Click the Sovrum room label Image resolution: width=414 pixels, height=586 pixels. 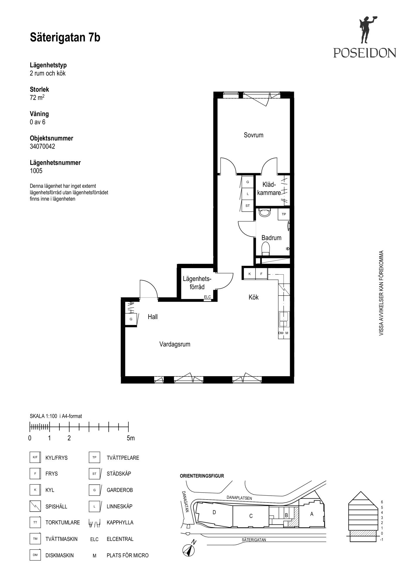[253, 135]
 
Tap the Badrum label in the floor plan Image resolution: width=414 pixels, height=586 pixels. [271, 238]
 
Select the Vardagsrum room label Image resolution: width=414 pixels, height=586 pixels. [175, 344]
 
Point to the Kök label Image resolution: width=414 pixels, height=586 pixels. [253, 297]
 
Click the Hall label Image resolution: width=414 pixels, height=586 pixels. [153, 317]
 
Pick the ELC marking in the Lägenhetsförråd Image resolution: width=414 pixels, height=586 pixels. [207, 297]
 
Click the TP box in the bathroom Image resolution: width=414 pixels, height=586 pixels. [284, 214]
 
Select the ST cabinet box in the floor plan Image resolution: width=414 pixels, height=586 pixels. [248, 206]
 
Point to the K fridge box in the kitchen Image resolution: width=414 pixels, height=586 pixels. [250, 274]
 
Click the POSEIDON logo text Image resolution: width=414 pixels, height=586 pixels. [365, 53]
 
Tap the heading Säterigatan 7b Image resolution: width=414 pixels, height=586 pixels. [65, 38]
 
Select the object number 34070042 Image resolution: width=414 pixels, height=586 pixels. [42, 146]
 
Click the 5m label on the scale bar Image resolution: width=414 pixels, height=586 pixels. [131, 438]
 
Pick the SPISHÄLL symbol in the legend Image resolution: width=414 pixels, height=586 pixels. [35, 506]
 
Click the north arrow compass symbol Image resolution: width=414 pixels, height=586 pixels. [189, 551]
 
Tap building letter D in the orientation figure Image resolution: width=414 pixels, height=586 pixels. [214, 512]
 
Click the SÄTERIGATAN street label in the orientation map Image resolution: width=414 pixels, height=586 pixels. [254, 540]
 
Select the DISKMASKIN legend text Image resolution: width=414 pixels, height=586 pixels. [60, 555]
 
